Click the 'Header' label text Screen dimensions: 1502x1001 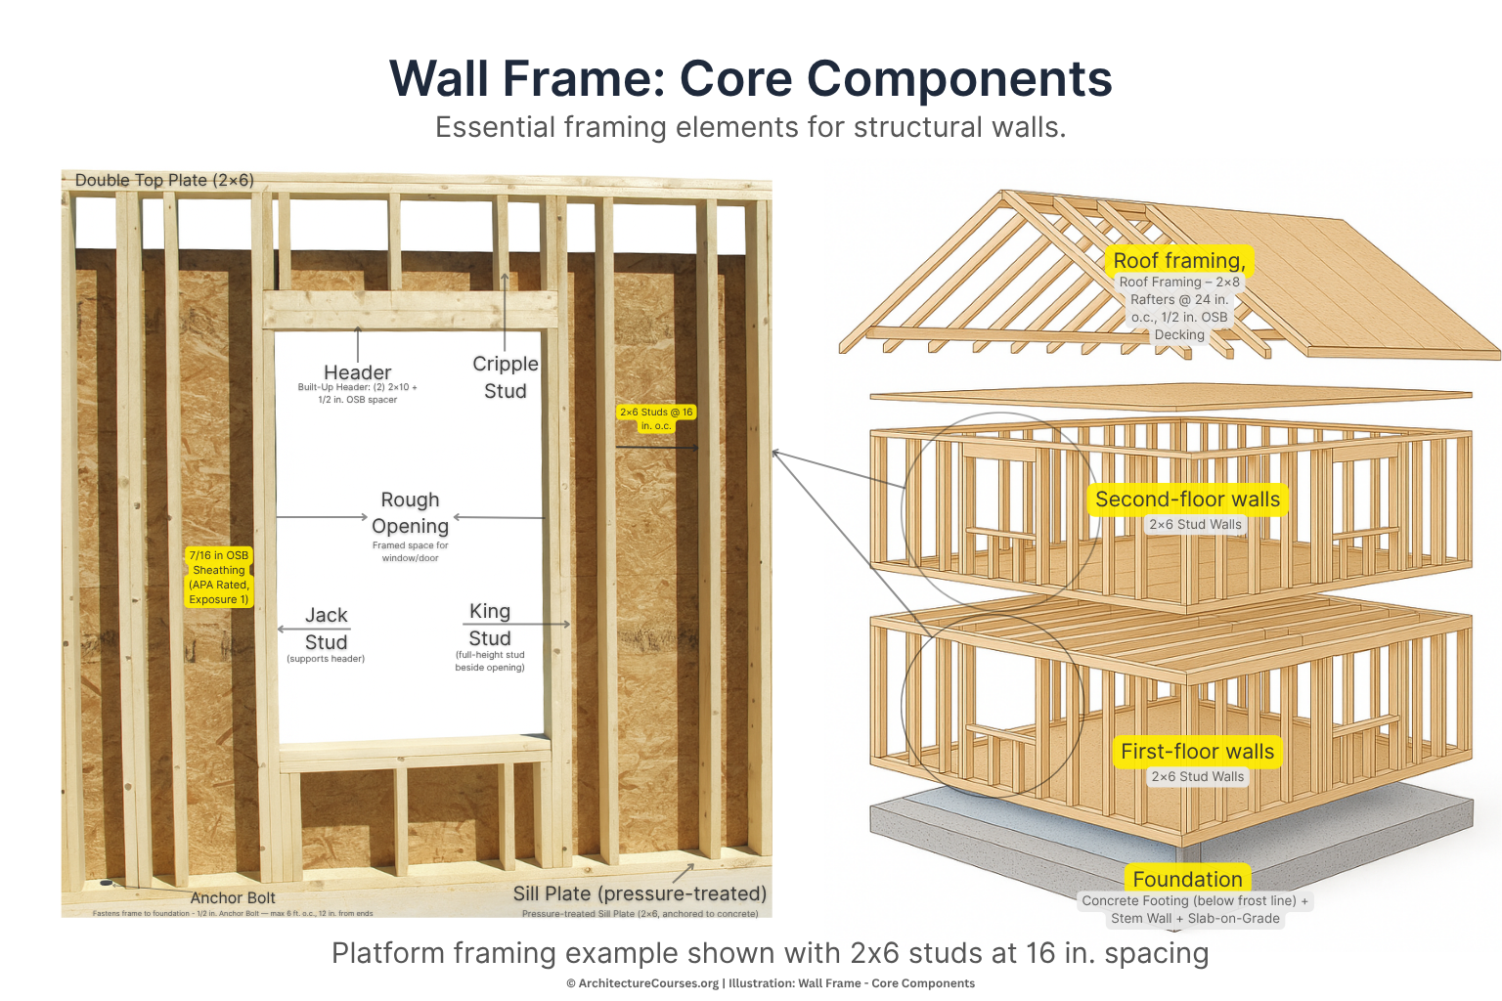pyautogui.click(x=357, y=372)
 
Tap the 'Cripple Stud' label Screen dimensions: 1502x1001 pyautogui.click(x=505, y=376)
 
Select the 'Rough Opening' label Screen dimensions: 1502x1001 pyautogui.click(x=410, y=513)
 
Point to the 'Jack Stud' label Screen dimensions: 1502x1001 pyautogui.click(x=327, y=629)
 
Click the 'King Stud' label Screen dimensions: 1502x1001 pyautogui.click(x=490, y=625)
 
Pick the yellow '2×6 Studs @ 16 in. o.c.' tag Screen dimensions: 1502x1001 pyautogui.click(x=656, y=418)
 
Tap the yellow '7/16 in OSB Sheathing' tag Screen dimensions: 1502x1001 pyautogui.click(x=219, y=577)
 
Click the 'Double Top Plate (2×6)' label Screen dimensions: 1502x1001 pyautogui.click(x=164, y=180)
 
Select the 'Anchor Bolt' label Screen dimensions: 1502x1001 pyautogui.click(x=233, y=897)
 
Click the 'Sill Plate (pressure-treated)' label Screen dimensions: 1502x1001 pyautogui.click(x=640, y=893)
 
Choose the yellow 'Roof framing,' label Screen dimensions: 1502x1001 pyautogui.click(x=1179, y=260)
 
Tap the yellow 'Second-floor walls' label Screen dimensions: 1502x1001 pyautogui.click(x=1187, y=500)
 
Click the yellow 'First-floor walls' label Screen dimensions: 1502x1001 pyautogui.click(x=1198, y=752)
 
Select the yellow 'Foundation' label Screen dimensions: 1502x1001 pyautogui.click(x=1187, y=878)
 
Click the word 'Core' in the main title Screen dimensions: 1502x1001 pyautogui.click(x=737, y=78)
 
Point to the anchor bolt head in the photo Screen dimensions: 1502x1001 pyautogui.click(x=106, y=883)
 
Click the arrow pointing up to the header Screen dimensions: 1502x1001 pyautogui.click(x=358, y=344)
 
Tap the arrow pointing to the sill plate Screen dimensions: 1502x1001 pyautogui.click(x=684, y=873)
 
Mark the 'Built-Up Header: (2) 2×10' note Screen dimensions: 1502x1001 pyautogui.click(x=357, y=387)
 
